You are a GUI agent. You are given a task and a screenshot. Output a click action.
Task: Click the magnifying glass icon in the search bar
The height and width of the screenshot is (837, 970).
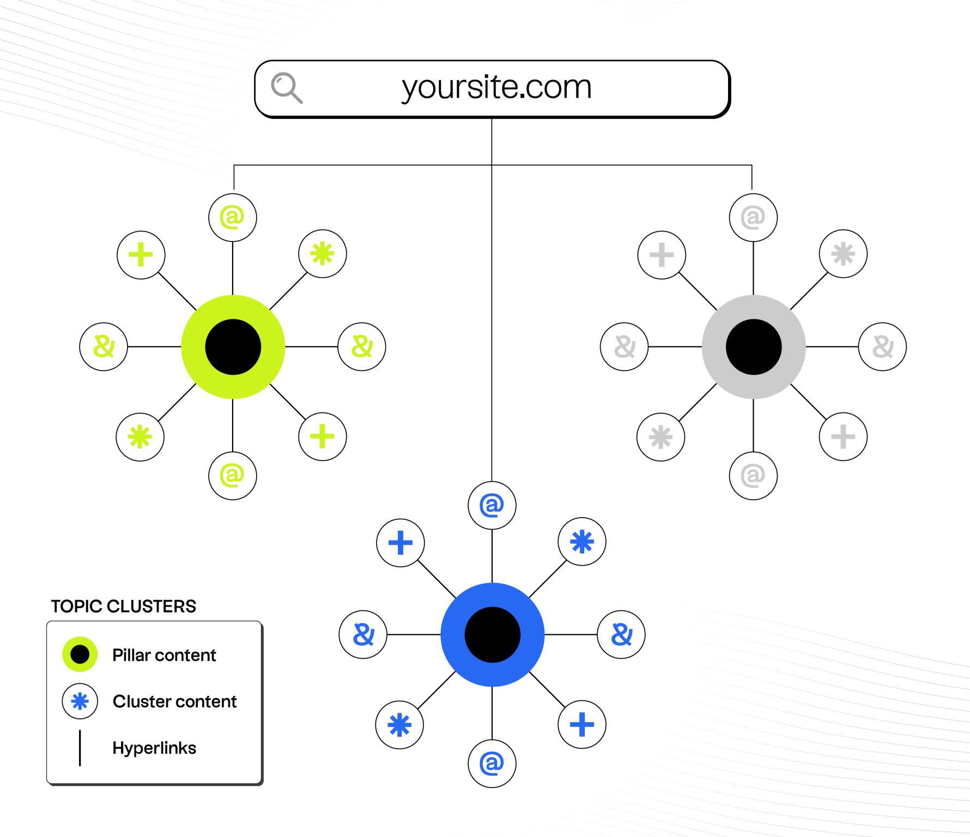tap(286, 87)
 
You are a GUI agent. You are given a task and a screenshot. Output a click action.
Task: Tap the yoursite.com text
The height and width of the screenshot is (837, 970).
tap(496, 87)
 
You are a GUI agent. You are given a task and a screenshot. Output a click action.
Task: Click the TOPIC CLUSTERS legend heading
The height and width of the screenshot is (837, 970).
tap(123, 606)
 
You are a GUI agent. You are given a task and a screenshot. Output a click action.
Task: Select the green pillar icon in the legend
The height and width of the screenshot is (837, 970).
tap(80, 654)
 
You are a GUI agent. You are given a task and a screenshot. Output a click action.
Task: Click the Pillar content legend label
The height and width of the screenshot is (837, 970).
tap(164, 655)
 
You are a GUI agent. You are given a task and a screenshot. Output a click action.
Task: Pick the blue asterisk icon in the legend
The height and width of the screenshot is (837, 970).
tap(80, 701)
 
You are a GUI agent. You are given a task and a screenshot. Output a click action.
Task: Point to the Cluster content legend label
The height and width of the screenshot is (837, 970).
tap(174, 701)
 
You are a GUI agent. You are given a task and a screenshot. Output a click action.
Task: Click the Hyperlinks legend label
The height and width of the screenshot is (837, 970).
tap(154, 748)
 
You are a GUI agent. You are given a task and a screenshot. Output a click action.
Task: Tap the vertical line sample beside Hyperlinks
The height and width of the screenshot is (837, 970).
tap(80, 748)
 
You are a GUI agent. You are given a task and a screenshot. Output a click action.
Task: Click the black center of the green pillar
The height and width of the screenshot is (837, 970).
tap(233, 347)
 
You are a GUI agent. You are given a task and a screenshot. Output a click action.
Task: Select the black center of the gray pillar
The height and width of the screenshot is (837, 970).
tap(754, 347)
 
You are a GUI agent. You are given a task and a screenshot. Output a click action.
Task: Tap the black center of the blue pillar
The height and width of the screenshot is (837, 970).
tap(493, 635)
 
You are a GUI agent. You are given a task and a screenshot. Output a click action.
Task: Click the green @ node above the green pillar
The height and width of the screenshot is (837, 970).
tap(233, 217)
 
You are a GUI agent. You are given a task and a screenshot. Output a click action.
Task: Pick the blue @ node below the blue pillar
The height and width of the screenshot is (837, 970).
tap(492, 763)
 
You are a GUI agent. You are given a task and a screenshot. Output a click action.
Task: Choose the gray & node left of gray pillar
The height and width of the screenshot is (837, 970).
tap(624, 347)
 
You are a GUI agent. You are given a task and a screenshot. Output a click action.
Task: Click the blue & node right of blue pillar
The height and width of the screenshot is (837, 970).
tap(621, 634)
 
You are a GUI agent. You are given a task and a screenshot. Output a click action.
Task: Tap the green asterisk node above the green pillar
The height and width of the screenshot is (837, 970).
tap(323, 254)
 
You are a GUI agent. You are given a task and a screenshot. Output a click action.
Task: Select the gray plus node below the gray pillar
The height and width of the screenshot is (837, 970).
tap(843, 436)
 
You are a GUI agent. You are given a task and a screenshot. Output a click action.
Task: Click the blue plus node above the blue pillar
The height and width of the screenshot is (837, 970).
tap(401, 543)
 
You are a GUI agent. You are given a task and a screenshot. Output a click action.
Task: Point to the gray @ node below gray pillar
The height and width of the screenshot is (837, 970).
tap(753, 476)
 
